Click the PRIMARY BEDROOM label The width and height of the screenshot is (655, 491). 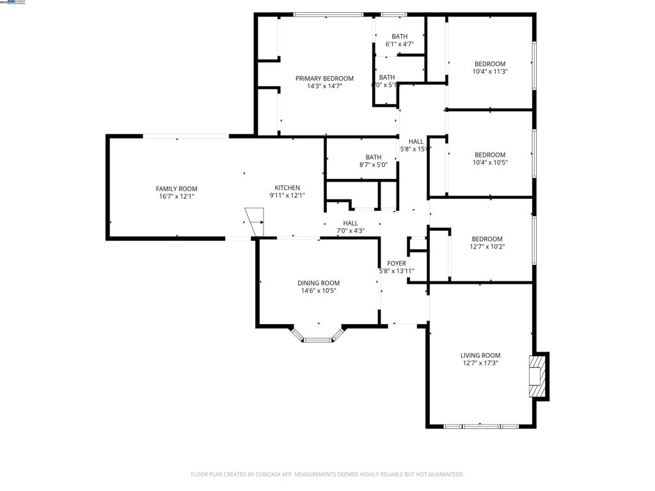324,79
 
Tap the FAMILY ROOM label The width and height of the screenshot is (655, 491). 177,189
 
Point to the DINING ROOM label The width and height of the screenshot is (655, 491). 318,283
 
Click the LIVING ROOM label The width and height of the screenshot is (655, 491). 480,355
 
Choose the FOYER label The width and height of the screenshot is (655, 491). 397,263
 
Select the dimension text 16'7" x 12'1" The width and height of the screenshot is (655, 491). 177,196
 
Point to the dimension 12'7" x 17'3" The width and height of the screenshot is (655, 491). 480,363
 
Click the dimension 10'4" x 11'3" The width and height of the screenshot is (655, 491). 490,72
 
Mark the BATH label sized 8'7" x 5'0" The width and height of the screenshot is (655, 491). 374,157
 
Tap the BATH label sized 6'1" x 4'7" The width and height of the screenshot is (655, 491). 400,36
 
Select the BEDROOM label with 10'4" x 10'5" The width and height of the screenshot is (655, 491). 490,155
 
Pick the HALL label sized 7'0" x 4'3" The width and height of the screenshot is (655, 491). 351,223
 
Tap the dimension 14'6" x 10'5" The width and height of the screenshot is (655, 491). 318,291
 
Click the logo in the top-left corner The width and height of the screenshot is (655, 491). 14,3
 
